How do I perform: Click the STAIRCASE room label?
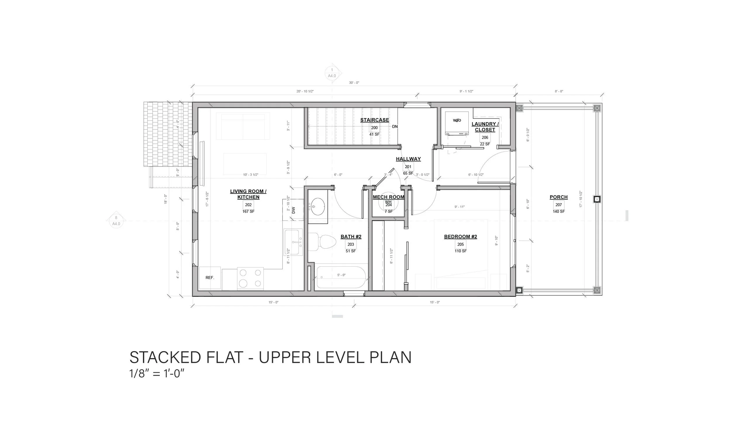(374, 120)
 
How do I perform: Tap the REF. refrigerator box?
(210, 278)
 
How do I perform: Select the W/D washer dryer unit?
(457, 123)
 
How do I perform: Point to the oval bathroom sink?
(318, 206)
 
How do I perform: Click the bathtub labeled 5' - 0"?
(341, 277)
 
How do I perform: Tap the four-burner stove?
(250, 278)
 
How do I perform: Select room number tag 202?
(248, 205)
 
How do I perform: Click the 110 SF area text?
(461, 251)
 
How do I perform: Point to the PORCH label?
(558, 197)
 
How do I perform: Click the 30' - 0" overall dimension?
(354, 83)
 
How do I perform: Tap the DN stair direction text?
(394, 127)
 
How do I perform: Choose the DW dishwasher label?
(294, 210)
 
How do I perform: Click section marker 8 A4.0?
(116, 221)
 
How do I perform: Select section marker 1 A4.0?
(332, 73)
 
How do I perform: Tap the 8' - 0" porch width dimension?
(559, 92)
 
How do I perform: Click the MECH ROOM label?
(388, 197)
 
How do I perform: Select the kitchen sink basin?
(292, 242)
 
